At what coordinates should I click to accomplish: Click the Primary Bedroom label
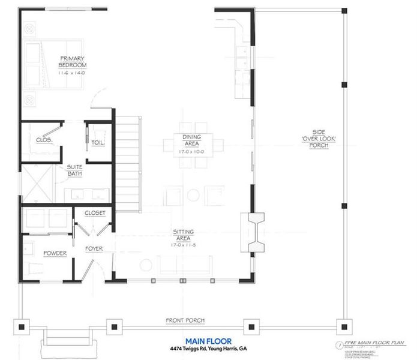[73, 62]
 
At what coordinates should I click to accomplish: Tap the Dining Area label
[191, 140]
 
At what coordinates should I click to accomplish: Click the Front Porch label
[184, 320]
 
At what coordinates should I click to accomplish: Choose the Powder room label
[55, 253]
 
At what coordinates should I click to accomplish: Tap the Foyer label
[94, 247]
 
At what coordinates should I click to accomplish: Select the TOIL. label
[98, 142]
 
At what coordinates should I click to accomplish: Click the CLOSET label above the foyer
[95, 213]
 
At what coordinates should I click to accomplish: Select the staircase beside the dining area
[128, 162]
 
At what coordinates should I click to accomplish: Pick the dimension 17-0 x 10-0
[191, 151]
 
